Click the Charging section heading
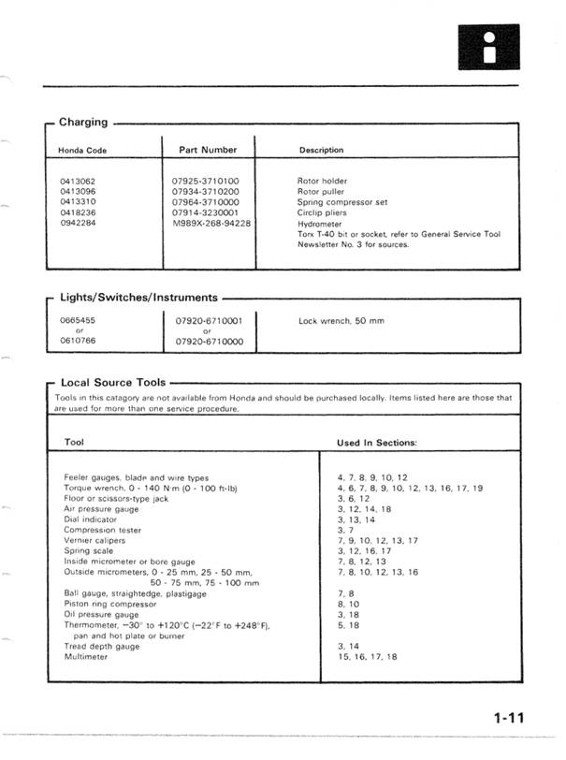(82, 123)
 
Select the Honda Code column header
(84, 150)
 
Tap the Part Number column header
(207, 149)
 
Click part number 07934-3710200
(206, 191)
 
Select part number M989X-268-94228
(211, 225)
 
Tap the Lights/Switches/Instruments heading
(138, 297)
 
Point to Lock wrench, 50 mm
(341, 321)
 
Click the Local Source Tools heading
(112, 383)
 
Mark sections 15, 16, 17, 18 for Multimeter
(366, 657)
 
